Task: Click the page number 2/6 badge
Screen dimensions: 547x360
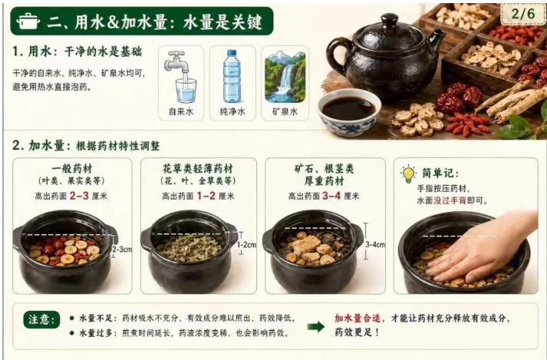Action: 522,14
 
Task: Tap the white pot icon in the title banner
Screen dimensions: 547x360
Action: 28,21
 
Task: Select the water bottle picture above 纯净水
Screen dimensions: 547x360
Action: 232,76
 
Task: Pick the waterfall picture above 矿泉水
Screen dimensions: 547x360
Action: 285,77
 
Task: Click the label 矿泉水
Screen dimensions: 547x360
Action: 285,112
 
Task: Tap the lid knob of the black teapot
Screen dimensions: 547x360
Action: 390,19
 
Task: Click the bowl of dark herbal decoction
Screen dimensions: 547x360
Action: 349,112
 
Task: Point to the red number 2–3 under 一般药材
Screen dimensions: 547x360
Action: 79,196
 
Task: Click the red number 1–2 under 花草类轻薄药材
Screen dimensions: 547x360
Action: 206,196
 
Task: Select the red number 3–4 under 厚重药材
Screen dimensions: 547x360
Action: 331,196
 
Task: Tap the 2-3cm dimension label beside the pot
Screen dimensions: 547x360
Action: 122,249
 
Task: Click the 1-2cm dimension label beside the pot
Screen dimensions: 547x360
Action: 246,245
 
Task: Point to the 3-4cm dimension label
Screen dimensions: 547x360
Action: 375,244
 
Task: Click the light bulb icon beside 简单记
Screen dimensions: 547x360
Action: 408,173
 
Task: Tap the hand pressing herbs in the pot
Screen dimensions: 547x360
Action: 482,248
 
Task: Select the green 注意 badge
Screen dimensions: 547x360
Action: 41,319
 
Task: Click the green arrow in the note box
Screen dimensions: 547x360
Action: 316,327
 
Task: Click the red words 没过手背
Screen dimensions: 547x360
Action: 450,201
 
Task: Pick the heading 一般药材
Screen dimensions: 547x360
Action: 72,169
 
